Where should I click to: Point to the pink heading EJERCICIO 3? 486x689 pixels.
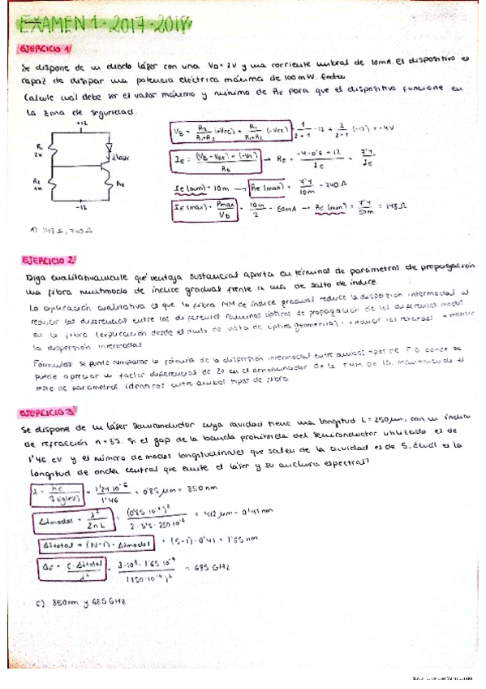(48, 412)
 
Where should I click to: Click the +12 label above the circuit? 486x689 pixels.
(80, 123)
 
